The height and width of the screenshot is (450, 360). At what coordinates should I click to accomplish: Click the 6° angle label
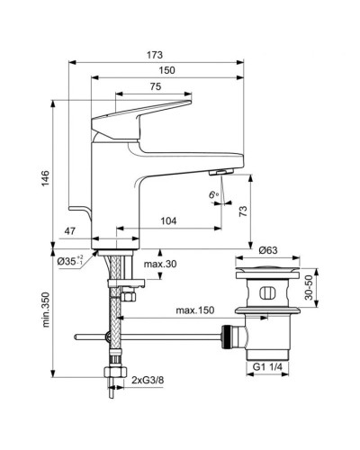point(212,194)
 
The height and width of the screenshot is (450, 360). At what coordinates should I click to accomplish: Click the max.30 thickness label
point(159,265)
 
